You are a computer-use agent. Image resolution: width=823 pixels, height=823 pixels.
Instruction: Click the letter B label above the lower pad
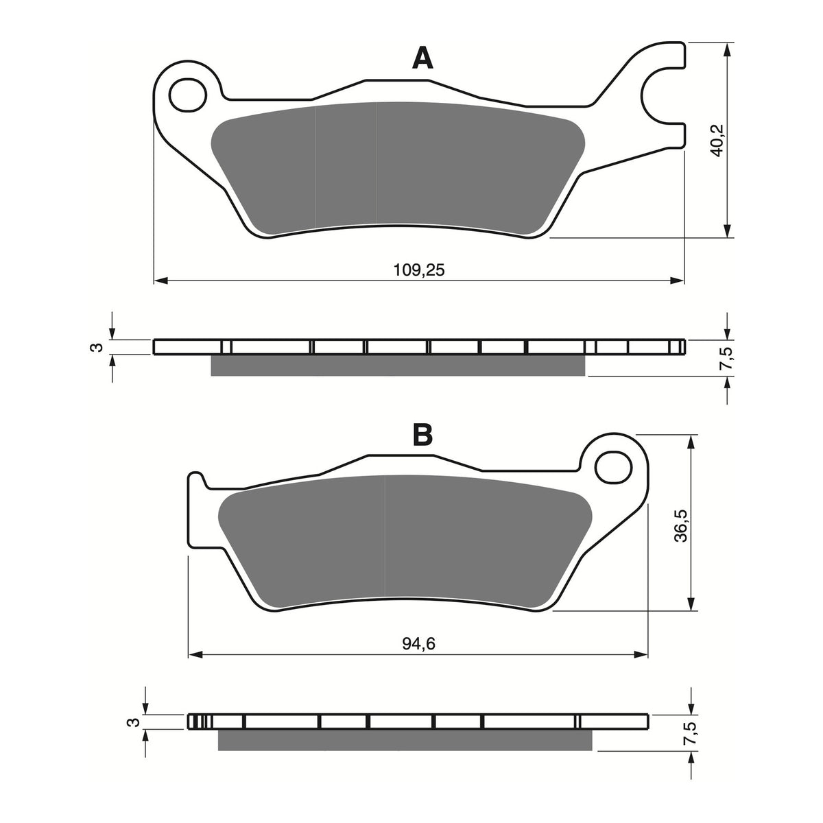422,434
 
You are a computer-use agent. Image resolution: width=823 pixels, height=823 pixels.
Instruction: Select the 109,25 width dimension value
419,270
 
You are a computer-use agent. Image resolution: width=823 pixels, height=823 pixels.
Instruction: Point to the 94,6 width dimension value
419,643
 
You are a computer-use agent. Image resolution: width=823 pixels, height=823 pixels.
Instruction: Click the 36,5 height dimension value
680,525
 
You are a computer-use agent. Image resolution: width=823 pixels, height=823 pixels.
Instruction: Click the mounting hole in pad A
187,95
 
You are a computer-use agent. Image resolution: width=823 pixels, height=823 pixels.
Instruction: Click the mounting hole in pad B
612,468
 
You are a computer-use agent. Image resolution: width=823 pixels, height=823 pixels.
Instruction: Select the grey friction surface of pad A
398,165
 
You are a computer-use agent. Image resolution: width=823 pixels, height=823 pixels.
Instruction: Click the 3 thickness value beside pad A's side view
98,347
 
